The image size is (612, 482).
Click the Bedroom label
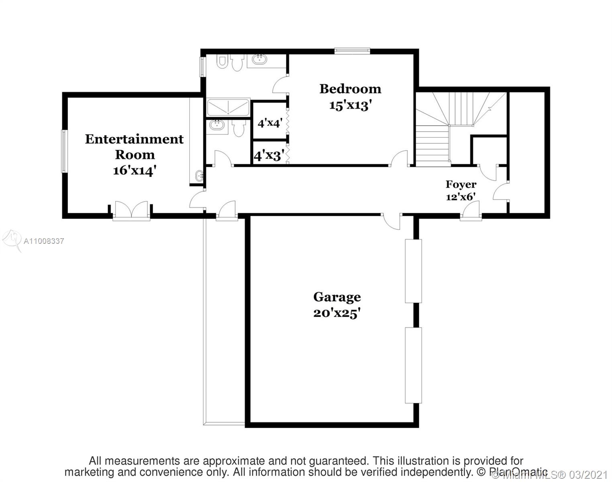coord(350,89)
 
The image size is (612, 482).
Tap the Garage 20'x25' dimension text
coord(337,313)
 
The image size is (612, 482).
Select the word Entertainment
coord(134,139)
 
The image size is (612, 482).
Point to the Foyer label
coord(461,184)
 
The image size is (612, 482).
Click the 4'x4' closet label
coord(269,123)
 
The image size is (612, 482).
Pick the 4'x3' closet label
coord(269,155)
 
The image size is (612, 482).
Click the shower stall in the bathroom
coord(228,108)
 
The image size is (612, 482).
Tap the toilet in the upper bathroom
coord(237,63)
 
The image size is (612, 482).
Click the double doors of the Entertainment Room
coord(131,210)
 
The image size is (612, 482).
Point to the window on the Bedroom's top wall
coord(352,51)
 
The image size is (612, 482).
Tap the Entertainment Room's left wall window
coord(63,151)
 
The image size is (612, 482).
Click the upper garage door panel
coord(413,271)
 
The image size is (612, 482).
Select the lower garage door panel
coord(413,365)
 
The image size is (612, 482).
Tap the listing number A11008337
coord(44,241)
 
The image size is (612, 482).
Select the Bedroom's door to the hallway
coord(399,159)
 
